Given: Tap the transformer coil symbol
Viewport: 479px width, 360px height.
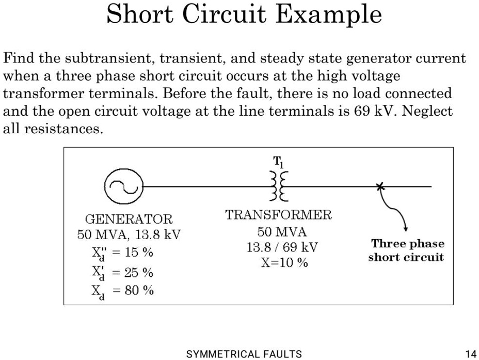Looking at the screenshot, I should [x=279, y=186].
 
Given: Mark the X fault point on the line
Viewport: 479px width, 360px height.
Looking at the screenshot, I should [x=380, y=186].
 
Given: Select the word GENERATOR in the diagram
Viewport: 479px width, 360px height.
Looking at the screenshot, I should [x=129, y=220].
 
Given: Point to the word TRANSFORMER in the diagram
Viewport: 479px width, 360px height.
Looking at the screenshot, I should [x=279, y=215].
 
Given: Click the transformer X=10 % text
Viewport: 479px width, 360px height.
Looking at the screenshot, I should [x=284, y=262].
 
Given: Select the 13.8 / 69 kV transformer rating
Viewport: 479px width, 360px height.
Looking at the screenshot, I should [x=282, y=247].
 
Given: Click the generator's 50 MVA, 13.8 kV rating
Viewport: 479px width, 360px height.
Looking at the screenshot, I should [x=129, y=235].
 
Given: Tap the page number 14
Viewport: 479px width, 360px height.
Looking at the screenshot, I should [x=470, y=354].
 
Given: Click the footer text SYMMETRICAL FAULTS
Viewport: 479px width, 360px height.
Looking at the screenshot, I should [x=244, y=354].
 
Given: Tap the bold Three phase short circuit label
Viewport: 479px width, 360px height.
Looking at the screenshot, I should [x=406, y=251].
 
